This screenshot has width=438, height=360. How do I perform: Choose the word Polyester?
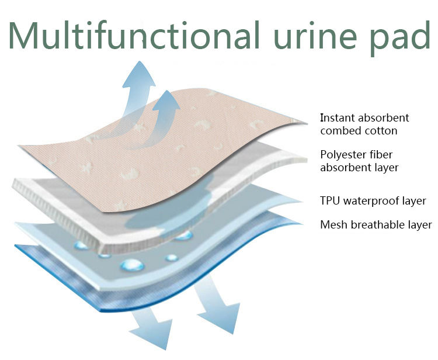coord(345,155)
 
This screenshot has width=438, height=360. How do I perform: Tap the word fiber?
coord(387,155)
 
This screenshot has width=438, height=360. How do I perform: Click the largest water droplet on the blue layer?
coord(132,265)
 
